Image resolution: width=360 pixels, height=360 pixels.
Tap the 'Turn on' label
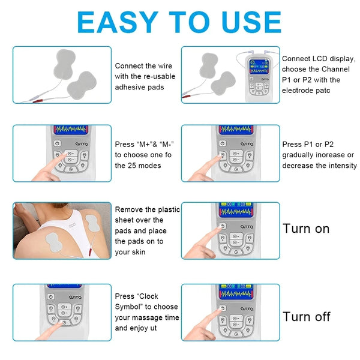click(x=306, y=229)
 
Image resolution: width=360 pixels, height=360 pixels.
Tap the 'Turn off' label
click(x=307, y=317)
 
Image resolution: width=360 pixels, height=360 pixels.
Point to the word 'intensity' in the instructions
click(x=342, y=166)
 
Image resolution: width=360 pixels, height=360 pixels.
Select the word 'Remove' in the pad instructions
click(x=128, y=209)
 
